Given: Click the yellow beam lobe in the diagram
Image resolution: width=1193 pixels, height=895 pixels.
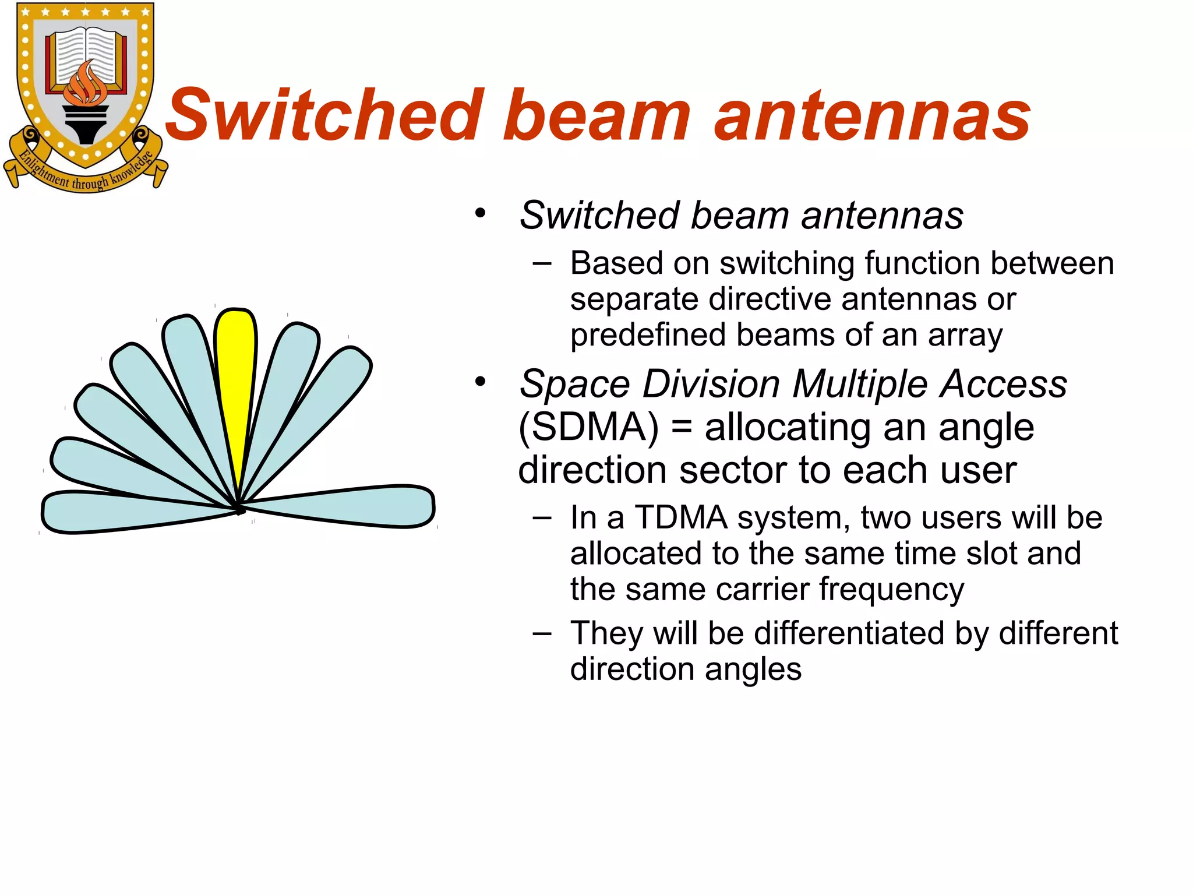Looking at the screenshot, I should (x=235, y=379).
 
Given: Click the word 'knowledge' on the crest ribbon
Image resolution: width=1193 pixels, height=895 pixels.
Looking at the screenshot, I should (x=132, y=169).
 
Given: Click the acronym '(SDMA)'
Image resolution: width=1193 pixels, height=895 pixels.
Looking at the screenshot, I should (x=588, y=427).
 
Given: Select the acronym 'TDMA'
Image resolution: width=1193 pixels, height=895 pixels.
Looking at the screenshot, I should (x=681, y=517).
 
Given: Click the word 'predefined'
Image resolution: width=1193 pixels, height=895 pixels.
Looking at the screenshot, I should (x=647, y=335).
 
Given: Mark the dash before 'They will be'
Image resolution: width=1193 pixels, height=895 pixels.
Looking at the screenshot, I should (x=542, y=633).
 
